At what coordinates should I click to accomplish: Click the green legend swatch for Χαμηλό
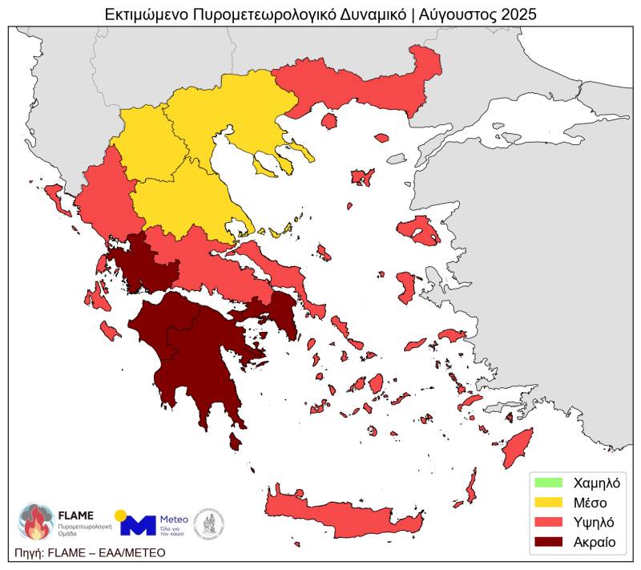[x=549, y=483]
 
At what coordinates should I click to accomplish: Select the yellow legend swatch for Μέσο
[x=549, y=503]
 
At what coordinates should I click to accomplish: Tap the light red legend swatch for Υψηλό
[x=549, y=522]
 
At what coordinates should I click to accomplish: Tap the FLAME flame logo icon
[x=35, y=522]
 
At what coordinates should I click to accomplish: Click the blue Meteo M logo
[x=137, y=524]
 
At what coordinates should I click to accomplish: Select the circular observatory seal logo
[x=209, y=523]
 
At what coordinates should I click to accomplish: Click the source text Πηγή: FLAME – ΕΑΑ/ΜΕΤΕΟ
[x=90, y=552]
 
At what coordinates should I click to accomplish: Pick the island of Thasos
[x=329, y=121]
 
